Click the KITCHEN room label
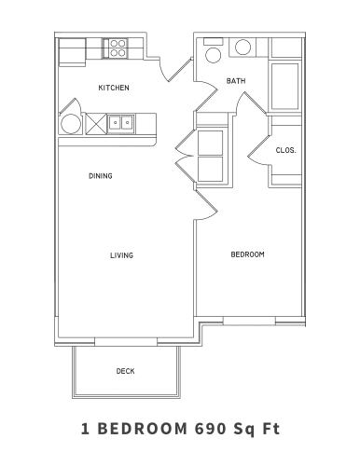coord(114,89)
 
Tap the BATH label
coord(236,82)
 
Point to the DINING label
coord(101,175)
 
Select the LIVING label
coord(121,254)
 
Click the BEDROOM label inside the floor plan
coord(247,254)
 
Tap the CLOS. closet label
coord(285,149)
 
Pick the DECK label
coord(125,371)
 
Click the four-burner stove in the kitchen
coord(118,48)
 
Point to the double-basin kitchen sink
coord(122,122)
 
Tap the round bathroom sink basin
coord(242,48)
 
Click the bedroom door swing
coord(207,203)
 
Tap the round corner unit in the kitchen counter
coord(70,124)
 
